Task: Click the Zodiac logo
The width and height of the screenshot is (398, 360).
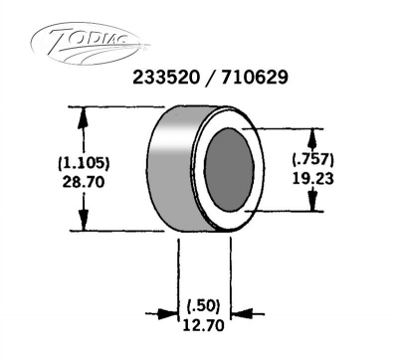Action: point(90,44)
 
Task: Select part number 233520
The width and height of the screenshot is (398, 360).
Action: point(166,79)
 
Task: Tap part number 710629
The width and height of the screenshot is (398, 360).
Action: point(255,79)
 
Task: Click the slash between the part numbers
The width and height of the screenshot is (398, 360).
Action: point(210,79)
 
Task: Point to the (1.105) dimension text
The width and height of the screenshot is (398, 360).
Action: point(84,164)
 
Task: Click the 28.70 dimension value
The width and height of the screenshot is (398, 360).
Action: point(84,182)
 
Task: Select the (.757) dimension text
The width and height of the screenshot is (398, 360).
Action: point(313,160)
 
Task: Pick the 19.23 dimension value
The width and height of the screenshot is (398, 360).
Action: point(313,179)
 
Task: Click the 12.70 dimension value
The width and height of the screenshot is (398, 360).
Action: point(204,325)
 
